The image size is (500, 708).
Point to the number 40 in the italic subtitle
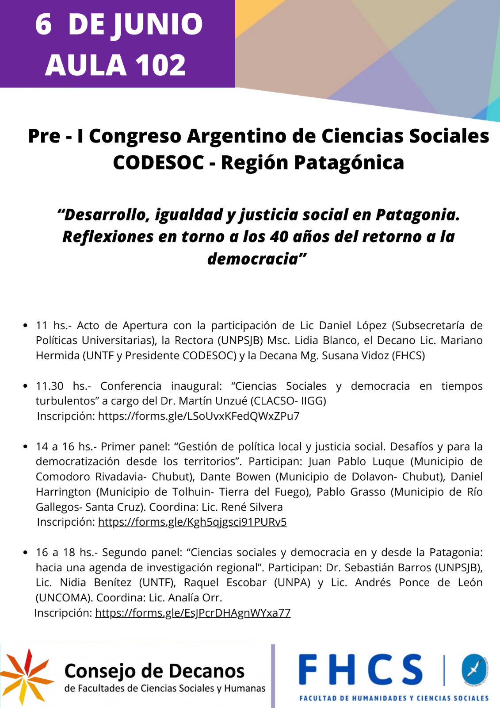pos(279,237)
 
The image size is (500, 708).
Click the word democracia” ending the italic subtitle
pos(257,259)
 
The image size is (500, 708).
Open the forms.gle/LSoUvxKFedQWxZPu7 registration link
pos(198,416)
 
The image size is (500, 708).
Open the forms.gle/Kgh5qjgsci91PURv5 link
pos(192,522)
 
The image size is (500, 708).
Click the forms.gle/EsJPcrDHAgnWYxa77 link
pos(193,613)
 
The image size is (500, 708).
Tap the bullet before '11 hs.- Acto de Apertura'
pos(25,326)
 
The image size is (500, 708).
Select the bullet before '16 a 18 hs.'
pos(25,553)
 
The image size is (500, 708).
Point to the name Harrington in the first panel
pos(63,492)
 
